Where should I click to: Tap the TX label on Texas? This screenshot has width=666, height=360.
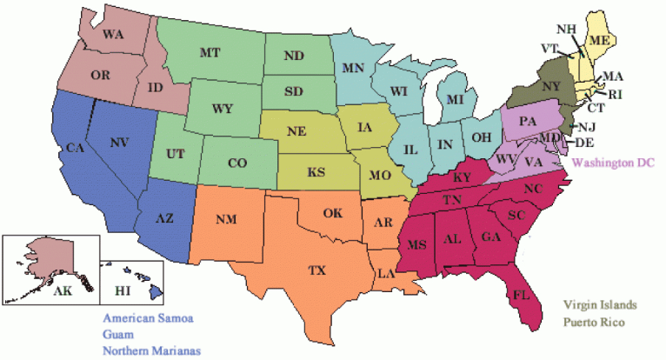(316, 271)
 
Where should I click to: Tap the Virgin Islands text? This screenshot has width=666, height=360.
(599, 305)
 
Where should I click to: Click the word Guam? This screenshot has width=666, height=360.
(118, 334)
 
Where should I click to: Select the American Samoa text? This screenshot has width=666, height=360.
(147, 317)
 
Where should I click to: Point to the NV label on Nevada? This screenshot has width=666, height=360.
(120, 141)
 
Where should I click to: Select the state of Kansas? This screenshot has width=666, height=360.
(316, 173)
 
